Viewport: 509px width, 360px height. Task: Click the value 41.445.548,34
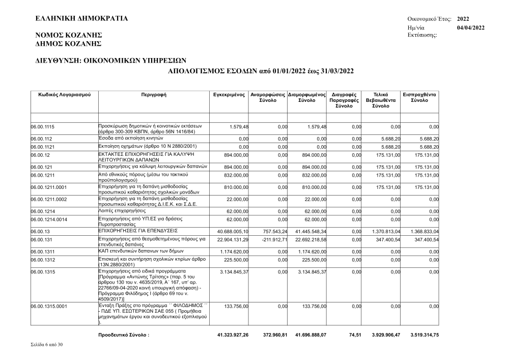point(307,232)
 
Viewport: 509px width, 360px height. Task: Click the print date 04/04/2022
point(471,27)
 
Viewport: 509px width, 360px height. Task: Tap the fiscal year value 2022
point(463,19)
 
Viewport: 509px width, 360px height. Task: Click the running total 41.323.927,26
point(233,336)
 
